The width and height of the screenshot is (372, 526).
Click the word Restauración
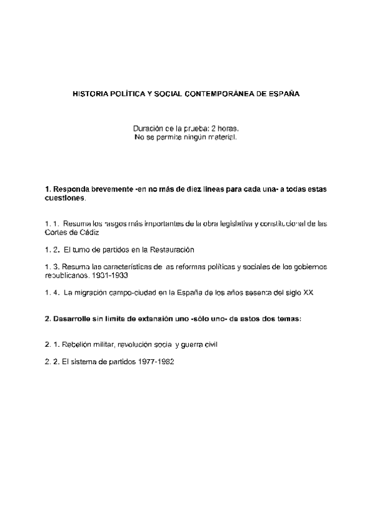pyautogui.click(x=172, y=250)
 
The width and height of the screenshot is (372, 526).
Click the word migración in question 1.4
pyautogui.click(x=96, y=293)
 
